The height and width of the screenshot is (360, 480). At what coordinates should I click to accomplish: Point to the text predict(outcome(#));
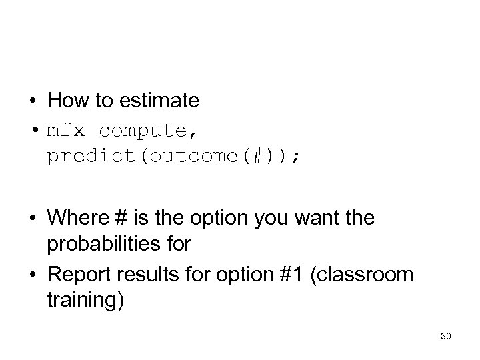click(x=173, y=156)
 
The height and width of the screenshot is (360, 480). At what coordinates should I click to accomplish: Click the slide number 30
click(x=446, y=337)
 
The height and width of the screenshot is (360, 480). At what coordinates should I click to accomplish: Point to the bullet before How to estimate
click(x=33, y=101)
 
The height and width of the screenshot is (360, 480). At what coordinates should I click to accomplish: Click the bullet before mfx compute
click(x=33, y=129)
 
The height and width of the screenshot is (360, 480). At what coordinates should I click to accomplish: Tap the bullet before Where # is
click(x=33, y=219)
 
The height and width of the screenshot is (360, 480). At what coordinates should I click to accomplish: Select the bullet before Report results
click(x=33, y=273)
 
